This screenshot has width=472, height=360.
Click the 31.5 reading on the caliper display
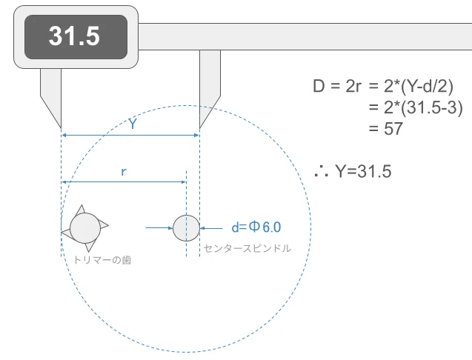tap(74, 36)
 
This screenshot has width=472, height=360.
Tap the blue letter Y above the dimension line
tap(133, 124)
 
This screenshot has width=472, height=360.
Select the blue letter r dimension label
tap(124, 172)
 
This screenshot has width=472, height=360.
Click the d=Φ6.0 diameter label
tap(256, 227)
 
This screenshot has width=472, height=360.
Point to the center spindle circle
tap(186, 228)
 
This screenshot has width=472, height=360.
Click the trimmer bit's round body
tap(85, 228)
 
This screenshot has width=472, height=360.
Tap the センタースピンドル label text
tap(247, 248)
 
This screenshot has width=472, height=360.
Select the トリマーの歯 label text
tap(102, 260)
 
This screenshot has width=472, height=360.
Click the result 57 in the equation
tap(393, 129)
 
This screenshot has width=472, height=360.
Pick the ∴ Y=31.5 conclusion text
tap(353, 171)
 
